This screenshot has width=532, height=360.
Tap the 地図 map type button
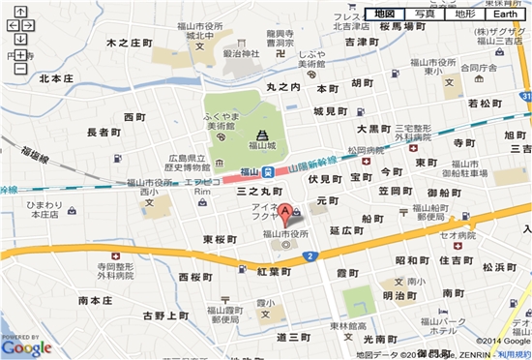coord(384,14)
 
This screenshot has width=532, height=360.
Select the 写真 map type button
coord(424,14)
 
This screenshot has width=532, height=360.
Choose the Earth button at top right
coord(506,14)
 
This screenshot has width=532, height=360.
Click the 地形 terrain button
coord(464,14)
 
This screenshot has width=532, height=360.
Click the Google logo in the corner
coord(26,345)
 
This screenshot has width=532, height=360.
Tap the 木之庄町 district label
coord(129,44)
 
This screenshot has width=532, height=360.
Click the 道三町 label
coord(291,336)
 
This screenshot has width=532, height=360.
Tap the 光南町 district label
coord(380,340)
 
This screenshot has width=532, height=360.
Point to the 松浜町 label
coord(501,266)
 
